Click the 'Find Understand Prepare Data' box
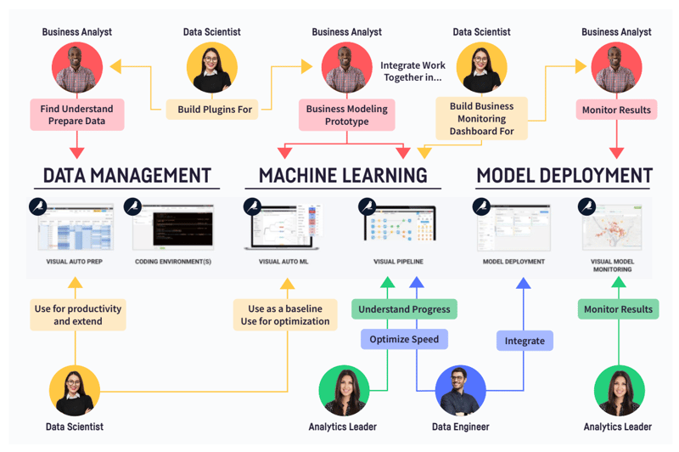76,115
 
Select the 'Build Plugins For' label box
215,110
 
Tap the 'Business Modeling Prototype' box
346,115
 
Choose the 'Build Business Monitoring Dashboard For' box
482,119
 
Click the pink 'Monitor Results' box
616,110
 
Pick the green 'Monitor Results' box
618,309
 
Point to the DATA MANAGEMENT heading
126,176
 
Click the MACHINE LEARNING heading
343,176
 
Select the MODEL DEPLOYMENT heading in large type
564,176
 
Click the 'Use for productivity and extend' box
78,314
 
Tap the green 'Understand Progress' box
403,308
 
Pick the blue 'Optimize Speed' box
404,340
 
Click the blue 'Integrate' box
525,341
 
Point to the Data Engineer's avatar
459,391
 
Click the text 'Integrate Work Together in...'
411,71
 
